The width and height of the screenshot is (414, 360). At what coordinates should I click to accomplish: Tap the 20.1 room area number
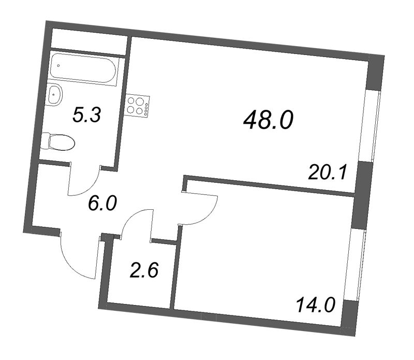point(326,171)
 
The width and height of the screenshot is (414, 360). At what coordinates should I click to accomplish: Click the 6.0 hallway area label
point(103,204)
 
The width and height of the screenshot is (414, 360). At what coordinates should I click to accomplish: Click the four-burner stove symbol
point(138,106)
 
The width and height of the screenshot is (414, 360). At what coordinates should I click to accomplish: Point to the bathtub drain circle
point(58,66)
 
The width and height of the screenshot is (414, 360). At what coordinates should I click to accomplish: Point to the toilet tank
point(46,139)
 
